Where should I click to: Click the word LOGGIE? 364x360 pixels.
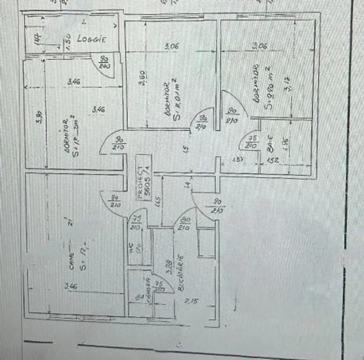coord(91,38)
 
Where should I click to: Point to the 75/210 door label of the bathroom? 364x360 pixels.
coord(253,143)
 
